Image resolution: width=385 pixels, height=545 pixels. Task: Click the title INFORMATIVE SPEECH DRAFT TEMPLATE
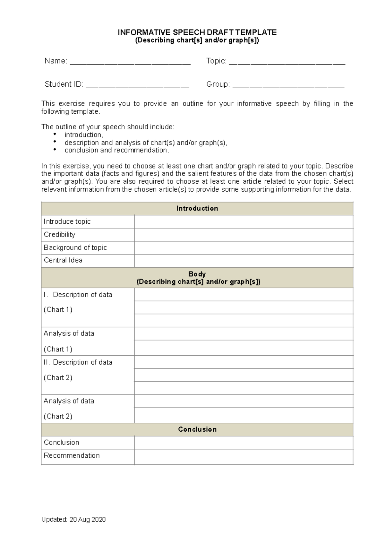197,32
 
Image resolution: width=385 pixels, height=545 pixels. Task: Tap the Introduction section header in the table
197,208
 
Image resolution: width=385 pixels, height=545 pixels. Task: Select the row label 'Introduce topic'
67,221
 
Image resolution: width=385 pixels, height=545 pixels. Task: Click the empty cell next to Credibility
244,235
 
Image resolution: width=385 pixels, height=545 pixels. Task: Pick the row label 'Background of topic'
75,247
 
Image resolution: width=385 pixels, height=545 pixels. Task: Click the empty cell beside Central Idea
244,261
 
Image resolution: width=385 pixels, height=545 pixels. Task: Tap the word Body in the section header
197,274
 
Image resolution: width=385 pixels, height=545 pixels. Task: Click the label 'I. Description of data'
78,295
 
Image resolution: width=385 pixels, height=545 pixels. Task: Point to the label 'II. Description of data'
78,362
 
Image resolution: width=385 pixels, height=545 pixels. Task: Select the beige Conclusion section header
197,429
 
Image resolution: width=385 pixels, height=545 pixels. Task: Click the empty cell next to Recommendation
244,456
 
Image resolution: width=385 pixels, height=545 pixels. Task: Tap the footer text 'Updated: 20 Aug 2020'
73,520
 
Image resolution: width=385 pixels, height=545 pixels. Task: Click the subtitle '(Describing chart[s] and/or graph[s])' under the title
197,40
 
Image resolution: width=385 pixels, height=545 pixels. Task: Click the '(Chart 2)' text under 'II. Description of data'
58,378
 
